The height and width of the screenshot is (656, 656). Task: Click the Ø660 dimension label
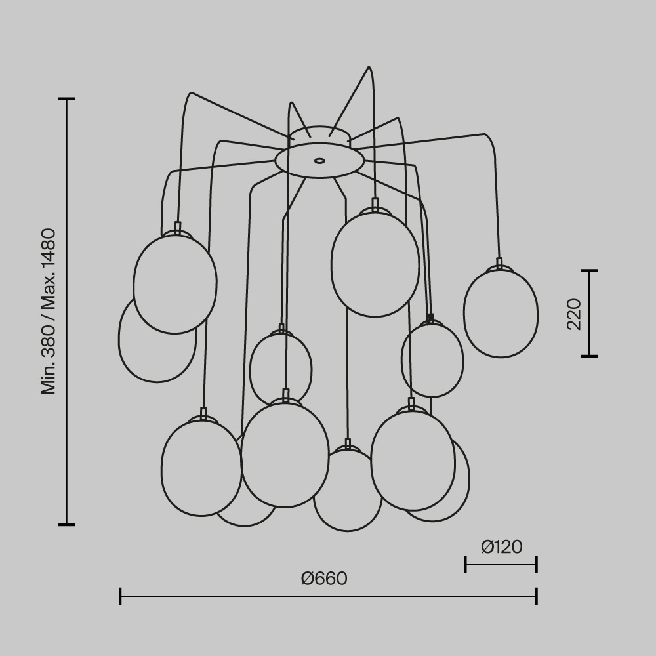(x=324, y=579)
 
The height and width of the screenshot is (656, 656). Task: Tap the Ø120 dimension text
(x=501, y=546)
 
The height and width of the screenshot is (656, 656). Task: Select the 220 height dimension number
(x=574, y=314)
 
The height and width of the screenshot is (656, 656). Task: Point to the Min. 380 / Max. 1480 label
(x=49, y=312)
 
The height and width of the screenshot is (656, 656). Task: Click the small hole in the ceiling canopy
(x=319, y=160)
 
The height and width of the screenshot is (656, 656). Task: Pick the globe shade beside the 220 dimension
(x=501, y=314)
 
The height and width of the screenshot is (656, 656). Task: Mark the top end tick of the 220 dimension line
(x=588, y=270)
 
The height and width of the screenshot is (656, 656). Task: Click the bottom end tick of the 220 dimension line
(x=588, y=356)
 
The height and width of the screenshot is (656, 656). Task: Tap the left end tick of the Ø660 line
(x=120, y=596)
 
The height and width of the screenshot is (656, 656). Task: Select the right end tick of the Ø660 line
(x=537, y=596)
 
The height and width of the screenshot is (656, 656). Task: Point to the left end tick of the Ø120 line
(x=465, y=564)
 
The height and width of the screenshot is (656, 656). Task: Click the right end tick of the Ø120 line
(x=537, y=564)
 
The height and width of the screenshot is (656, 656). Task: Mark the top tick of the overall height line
(x=66, y=99)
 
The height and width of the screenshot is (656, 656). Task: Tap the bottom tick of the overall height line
(x=66, y=525)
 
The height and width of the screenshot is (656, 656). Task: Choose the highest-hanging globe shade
(x=375, y=264)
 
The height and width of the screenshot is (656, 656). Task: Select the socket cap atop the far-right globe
(x=499, y=264)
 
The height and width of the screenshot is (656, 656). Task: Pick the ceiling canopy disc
(x=319, y=161)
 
